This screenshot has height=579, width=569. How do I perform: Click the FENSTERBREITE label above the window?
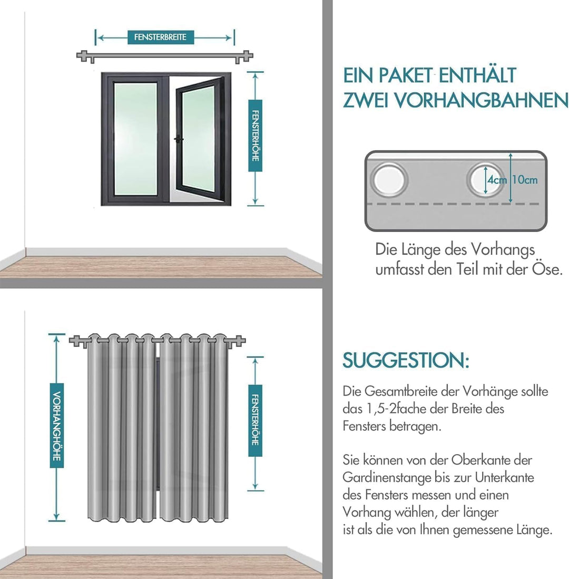(x=161, y=37)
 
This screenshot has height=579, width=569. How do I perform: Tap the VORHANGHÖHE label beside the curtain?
(x=57, y=426)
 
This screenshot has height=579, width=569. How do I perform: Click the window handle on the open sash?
(x=179, y=140)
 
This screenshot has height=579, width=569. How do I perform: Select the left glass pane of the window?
(x=135, y=139)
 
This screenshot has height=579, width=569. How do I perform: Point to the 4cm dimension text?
(x=497, y=180)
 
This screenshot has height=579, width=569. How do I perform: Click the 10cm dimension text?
(x=525, y=180)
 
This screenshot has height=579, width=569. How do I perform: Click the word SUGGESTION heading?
(x=406, y=360)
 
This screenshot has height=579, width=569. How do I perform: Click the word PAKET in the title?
(x=406, y=75)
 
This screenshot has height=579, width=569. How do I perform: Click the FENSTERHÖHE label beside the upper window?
(x=256, y=136)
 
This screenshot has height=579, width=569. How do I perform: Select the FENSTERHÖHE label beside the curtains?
(x=256, y=420)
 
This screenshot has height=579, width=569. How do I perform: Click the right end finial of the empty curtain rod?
(x=245, y=56)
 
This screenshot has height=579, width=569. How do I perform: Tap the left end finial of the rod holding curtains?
(x=76, y=341)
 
